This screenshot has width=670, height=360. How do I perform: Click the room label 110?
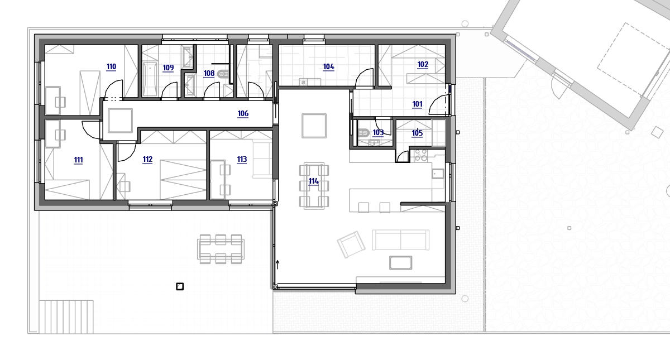(x=111, y=66)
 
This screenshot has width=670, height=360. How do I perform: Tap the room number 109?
(x=168, y=68)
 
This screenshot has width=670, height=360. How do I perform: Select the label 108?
(x=209, y=73)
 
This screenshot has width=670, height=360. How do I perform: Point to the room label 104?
(x=328, y=66)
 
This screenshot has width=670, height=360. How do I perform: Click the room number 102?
(x=423, y=65)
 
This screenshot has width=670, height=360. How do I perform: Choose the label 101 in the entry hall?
(x=417, y=104)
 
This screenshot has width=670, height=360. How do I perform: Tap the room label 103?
(x=378, y=132)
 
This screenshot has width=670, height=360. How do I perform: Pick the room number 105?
(x=417, y=133)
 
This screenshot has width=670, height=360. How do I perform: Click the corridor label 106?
(x=243, y=114)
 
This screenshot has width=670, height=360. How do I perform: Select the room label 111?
(x=78, y=160)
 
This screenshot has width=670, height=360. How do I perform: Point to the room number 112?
(x=147, y=160)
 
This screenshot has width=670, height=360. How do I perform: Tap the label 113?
(x=242, y=160)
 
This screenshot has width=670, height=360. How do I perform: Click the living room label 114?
(x=313, y=181)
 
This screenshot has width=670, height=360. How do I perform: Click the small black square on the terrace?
(x=180, y=286)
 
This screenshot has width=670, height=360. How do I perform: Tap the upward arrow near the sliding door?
(x=277, y=265)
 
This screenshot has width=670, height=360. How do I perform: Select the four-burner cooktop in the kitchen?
(x=420, y=156)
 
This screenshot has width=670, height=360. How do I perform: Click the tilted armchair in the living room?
(x=351, y=244)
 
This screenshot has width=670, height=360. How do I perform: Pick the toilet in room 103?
(x=363, y=132)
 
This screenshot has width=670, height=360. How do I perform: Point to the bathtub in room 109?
(x=150, y=79)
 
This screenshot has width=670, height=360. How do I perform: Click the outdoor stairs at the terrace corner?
(x=66, y=317)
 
